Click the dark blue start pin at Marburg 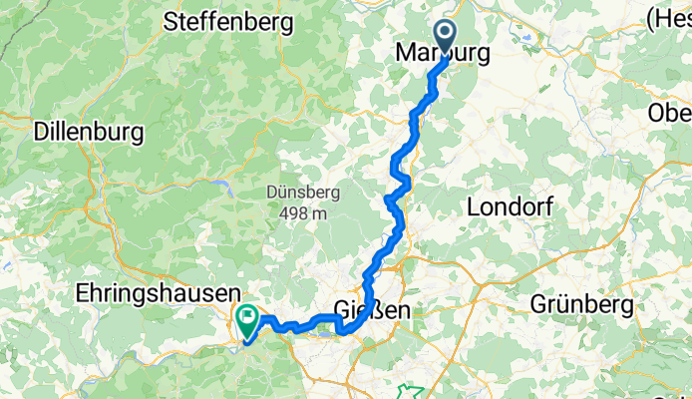444,38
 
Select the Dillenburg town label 89,131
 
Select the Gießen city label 370,311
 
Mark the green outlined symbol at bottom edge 410,390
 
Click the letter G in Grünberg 539,302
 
